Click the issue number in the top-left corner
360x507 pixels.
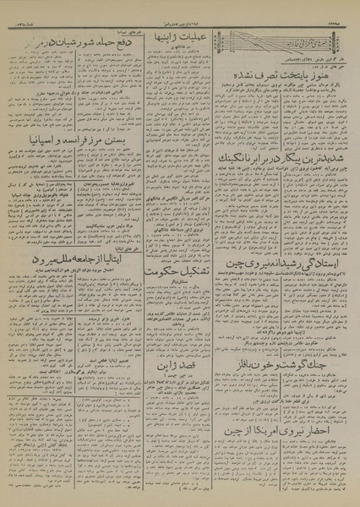pos(22,17)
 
